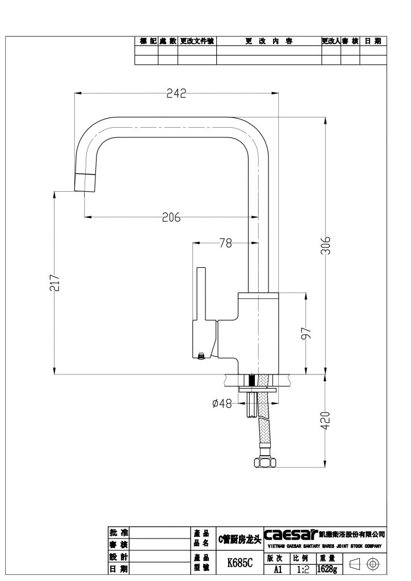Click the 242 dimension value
[x=177, y=94]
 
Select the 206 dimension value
[x=171, y=217]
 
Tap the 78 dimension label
[x=225, y=243]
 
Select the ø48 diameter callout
[x=221, y=403]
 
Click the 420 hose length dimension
[x=325, y=420]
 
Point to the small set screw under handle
[x=200, y=356]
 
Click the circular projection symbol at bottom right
[x=373, y=563]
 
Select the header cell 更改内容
[x=269, y=41]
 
